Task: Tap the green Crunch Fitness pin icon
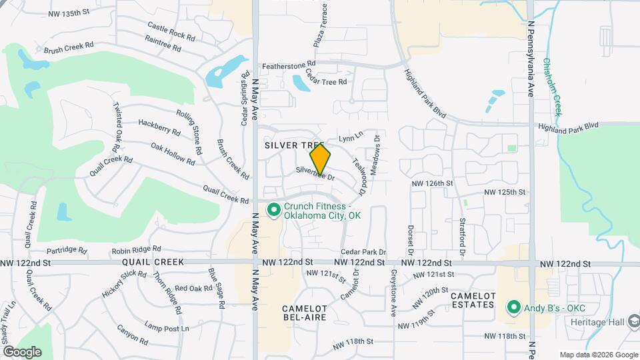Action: [x=273, y=211]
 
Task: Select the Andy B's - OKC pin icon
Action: [x=513, y=307]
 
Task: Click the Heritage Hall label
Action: [x=597, y=322]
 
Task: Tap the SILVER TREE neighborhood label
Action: [x=294, y=145]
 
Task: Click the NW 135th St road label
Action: [x=69, y=13]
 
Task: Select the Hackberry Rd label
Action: [x=159, y=125]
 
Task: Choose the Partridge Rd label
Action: [x=67, y=251]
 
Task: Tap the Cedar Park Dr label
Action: [x=363, y=252]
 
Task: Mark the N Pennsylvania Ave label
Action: [x=531, y=58]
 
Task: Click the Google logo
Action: [x=22, y=352]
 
